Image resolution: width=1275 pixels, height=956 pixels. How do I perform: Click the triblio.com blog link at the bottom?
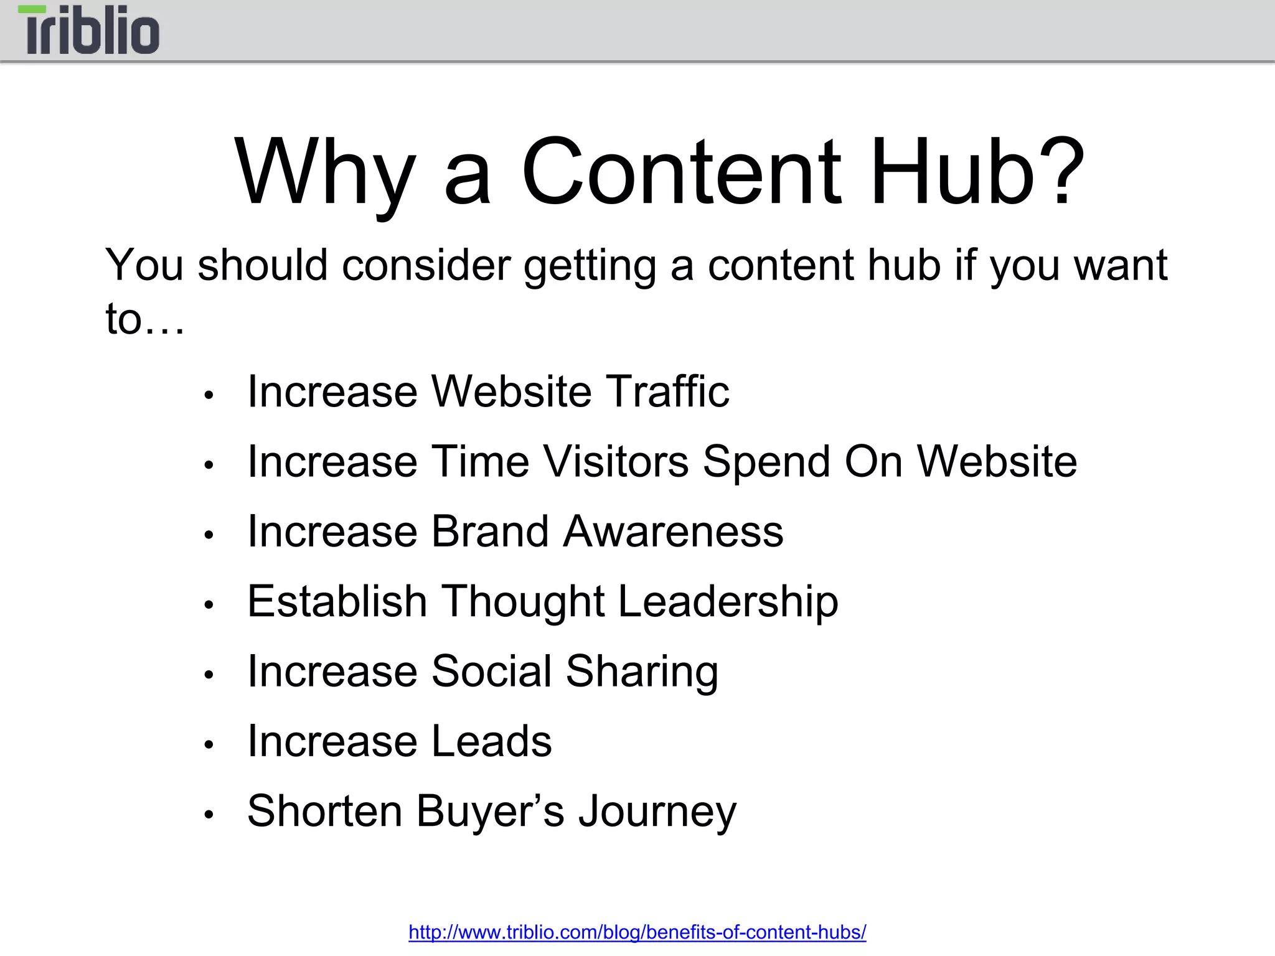pyautogui.click(x=637, y=932)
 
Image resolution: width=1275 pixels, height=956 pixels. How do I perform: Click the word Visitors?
pyautogui.click(x=616, y=461)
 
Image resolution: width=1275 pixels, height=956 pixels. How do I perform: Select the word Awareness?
pyautogui.click(x=673, y=532)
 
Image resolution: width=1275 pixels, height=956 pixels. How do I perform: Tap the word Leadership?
pyautogui.click(x=728, y=602)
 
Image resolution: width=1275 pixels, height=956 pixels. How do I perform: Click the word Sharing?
pyautogui.click(x=642, y=672)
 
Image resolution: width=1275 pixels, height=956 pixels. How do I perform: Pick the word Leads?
pyautogui.click(x=492, y=741)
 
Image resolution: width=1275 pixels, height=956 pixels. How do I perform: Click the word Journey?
pyautogui.click(x=657, y=812)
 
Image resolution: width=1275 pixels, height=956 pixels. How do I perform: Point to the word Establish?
pyautogui.click(x=337, y=601)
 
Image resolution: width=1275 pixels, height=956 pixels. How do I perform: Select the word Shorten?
pyautogui.click(x=324, y=811)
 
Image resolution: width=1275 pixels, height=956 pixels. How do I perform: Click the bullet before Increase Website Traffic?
pyautogui.click(x=209, y=395)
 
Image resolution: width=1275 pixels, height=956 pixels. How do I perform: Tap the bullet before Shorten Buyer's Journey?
pyautogui.click(x=209, y=814)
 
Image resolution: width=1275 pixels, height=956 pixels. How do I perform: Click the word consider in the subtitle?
pyautogui.click(x=426, y=265)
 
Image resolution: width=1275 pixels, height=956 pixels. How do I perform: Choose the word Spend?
pyautogui.click(x=766, y=462)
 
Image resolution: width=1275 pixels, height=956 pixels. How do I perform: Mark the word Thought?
pyautogui.click(x=523, y=602)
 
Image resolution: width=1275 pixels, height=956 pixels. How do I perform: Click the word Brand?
pyautogui.click(x=491, y=532)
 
